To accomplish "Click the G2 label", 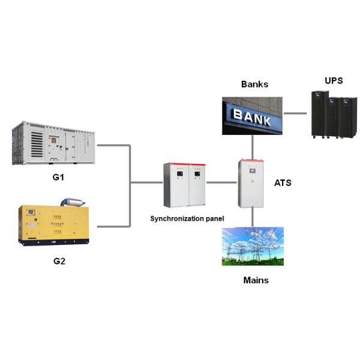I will (58, 262).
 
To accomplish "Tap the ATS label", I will (282, 182).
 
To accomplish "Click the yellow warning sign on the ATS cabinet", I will (251, 181).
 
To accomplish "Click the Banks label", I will (255, 85).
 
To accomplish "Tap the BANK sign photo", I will (253, 115).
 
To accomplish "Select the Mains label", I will (256, 280).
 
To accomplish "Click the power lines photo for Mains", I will (252, 247).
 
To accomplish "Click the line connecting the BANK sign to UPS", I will (297, 113).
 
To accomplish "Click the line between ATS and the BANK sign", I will (251, 147).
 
